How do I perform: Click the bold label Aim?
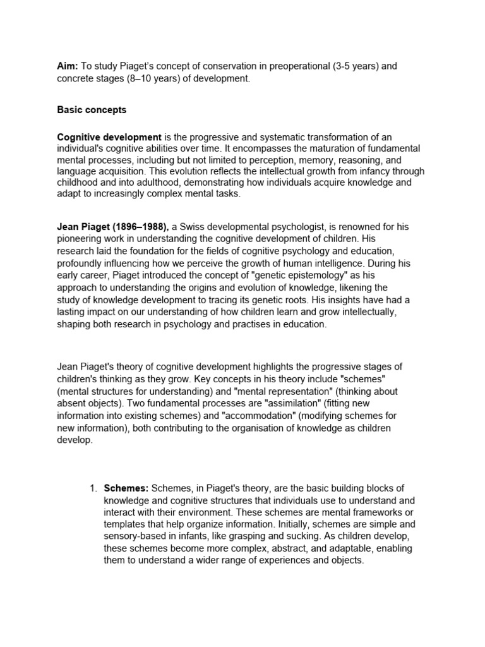68,66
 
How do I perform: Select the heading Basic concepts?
92,109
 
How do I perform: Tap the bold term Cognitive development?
109,137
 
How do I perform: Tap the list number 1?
92,488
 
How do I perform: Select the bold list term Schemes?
126,488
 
